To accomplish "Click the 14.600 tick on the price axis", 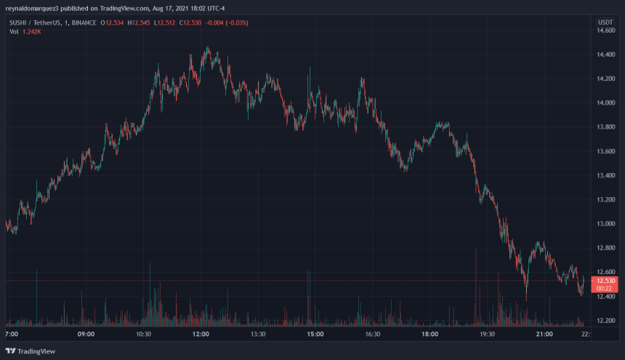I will [x=605, y=30].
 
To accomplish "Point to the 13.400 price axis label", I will [x=605, y=175].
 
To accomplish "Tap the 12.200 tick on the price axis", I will [x=605, y=321].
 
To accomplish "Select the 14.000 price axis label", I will [x=605, y=103].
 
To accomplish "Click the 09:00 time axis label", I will [x=86, y=335].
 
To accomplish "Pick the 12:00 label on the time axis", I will [x=201, y=335].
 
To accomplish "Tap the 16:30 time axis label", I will [x=372, y=335].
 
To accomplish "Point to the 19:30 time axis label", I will [x=487, y=335].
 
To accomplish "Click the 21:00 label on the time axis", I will [x=544, y=335].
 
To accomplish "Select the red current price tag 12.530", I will [x=605, y=281].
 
